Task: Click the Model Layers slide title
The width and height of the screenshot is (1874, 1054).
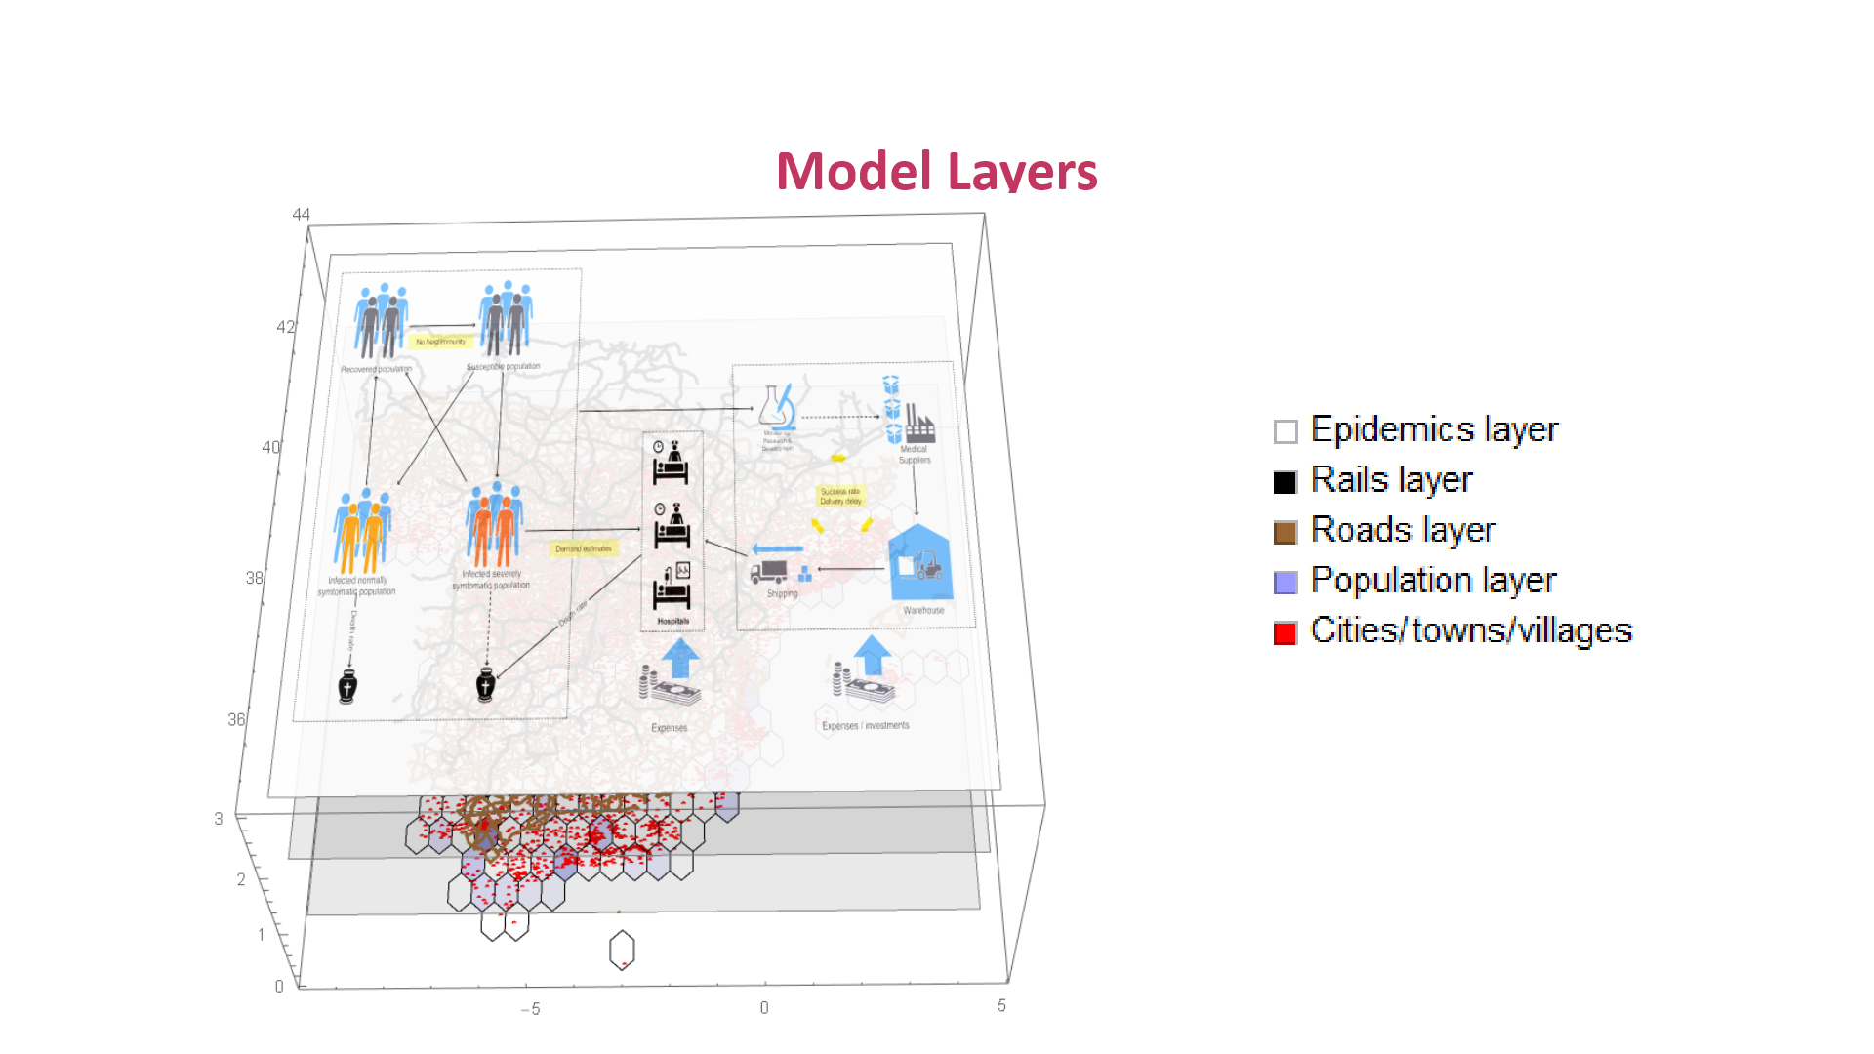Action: click(x=936, y=172)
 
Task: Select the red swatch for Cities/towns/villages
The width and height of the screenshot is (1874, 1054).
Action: click(x=1284, y=633)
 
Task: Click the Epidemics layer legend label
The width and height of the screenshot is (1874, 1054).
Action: click(x=1434, y=429)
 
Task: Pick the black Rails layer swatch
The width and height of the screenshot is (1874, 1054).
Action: click(x=1284, y=482)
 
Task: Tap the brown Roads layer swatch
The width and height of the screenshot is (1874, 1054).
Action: click(x=1284, y=532)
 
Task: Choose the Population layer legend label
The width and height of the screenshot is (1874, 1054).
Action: click(x=1433, y=581)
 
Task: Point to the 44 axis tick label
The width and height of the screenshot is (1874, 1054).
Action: click(x=301, y=215)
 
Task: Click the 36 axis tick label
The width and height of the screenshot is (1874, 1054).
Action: click(x=236, y=720)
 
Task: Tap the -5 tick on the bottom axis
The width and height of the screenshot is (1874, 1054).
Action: click(x=530, y=1009)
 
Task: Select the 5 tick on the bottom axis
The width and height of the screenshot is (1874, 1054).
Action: click(x=1001, y=1006)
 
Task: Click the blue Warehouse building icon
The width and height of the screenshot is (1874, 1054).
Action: click(x=919, y=563)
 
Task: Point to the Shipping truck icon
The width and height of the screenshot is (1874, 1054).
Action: click(x=770, y=571)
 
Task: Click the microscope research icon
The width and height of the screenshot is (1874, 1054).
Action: click(x=778, y=408)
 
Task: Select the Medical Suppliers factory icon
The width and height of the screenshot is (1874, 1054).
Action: click(x=918, y=424)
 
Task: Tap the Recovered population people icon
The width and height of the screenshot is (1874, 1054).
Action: click(x=381, y=321)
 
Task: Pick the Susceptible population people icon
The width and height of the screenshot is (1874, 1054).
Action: click(x=506, y=318)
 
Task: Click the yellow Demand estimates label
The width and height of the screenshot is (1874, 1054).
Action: click(x=584, y=548)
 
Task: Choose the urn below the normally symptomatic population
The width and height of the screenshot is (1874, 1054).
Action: click(x=347, y=686)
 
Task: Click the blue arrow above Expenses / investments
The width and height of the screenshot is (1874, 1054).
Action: click(x=872, y=654)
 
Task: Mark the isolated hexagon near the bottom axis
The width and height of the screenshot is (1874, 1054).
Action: click(x=622, y=950)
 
